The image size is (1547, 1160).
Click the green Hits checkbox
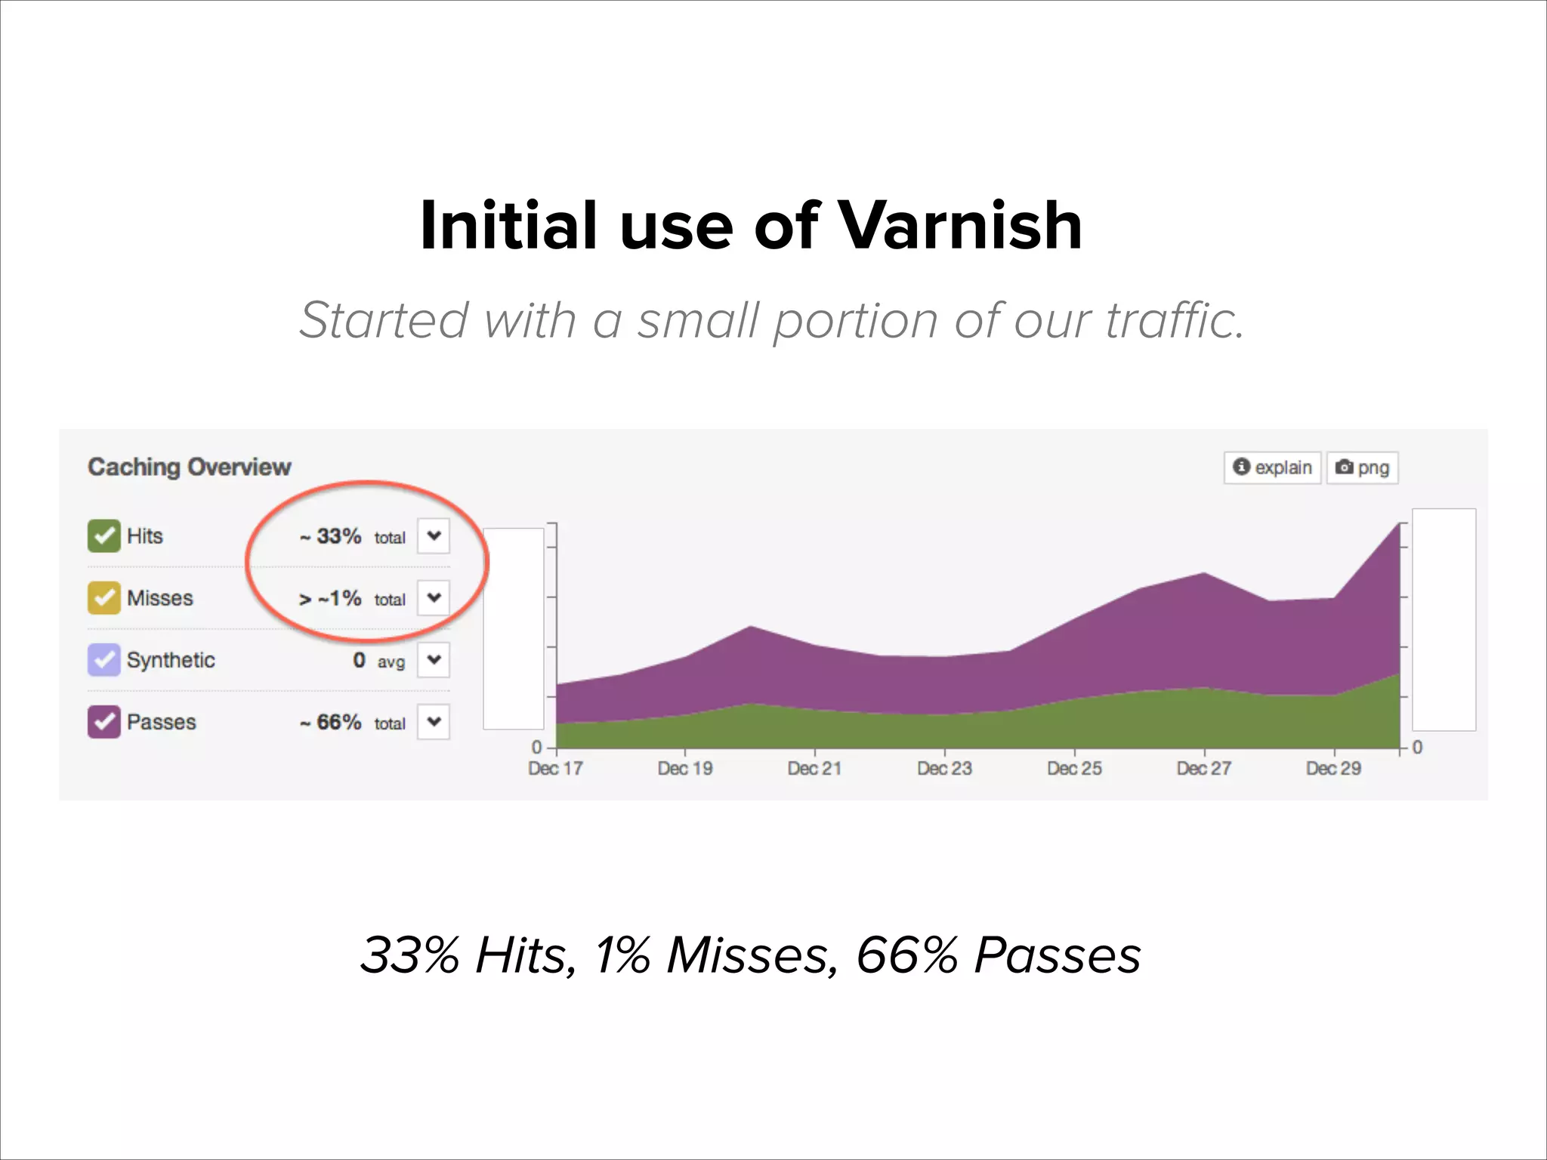(103, 536)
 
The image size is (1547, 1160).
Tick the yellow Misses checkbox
(103, 598)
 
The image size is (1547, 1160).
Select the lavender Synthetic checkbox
(103, 660)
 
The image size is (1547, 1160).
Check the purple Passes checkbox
(103, 722)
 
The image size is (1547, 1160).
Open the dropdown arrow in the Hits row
(434, 536)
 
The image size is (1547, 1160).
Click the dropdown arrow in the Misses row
(434, 598)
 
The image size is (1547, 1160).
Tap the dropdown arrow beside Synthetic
(434, 660)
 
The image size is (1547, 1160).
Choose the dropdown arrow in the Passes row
(434, 722)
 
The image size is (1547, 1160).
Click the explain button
(1273, 467)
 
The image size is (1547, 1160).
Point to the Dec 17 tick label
(555, 769)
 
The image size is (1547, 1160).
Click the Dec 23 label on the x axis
(944, 769)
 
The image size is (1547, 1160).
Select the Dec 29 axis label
(1333, 769)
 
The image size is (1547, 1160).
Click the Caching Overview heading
(189, 467)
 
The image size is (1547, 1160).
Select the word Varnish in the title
(961, 226)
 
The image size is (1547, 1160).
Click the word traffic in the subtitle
(1174, 320)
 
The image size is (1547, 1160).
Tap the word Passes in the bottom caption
(1058, 956)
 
